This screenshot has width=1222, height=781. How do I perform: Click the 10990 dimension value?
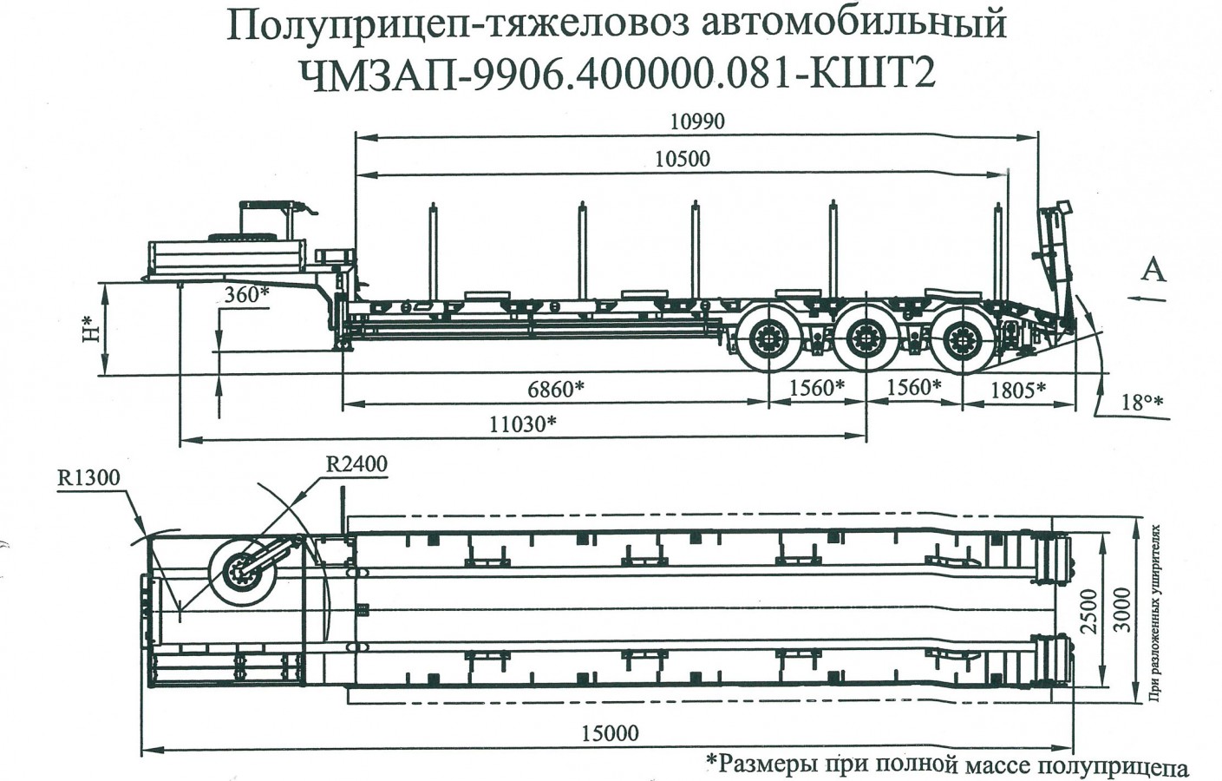tap(696, 121)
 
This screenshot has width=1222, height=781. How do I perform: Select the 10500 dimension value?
tap(683, 159)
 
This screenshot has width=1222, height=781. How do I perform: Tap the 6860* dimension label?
tap(556, 390)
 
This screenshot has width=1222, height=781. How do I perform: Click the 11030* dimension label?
tap(522, 424)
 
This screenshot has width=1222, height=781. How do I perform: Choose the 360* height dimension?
tap(246, 294)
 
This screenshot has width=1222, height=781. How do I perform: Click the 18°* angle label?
tap(1140, 403)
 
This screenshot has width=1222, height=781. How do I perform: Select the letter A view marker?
tap(1153, 271)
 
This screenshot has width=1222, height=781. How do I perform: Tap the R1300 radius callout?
tap(88, 477)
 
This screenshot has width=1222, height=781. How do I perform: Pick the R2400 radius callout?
tap(356, 464)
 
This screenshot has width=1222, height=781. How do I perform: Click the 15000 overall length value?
tap(610, 733)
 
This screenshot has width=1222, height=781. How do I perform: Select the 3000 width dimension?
tap(1123, 609)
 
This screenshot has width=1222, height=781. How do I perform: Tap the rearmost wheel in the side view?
tap(963, 339)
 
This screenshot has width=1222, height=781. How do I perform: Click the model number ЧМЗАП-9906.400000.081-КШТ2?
tap(618, 74)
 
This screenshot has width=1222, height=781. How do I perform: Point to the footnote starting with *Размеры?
tap(946, 765)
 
